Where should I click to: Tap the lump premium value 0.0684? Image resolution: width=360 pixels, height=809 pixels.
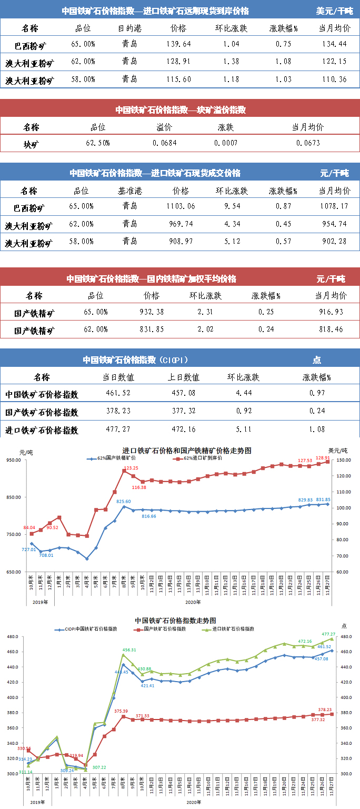165,143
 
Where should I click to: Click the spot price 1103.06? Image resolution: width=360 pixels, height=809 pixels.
179,206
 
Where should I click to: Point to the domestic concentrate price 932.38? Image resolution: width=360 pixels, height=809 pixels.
151,312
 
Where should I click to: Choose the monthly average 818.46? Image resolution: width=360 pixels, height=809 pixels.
331,329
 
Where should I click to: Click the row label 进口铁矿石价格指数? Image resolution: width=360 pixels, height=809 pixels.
42,430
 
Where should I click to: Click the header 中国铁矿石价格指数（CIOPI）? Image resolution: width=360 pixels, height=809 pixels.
136,360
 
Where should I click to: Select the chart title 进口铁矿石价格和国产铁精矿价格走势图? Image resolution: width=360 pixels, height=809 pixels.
187,451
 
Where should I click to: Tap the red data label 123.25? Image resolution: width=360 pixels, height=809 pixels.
131,468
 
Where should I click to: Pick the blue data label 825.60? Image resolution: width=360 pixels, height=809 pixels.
123,502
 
